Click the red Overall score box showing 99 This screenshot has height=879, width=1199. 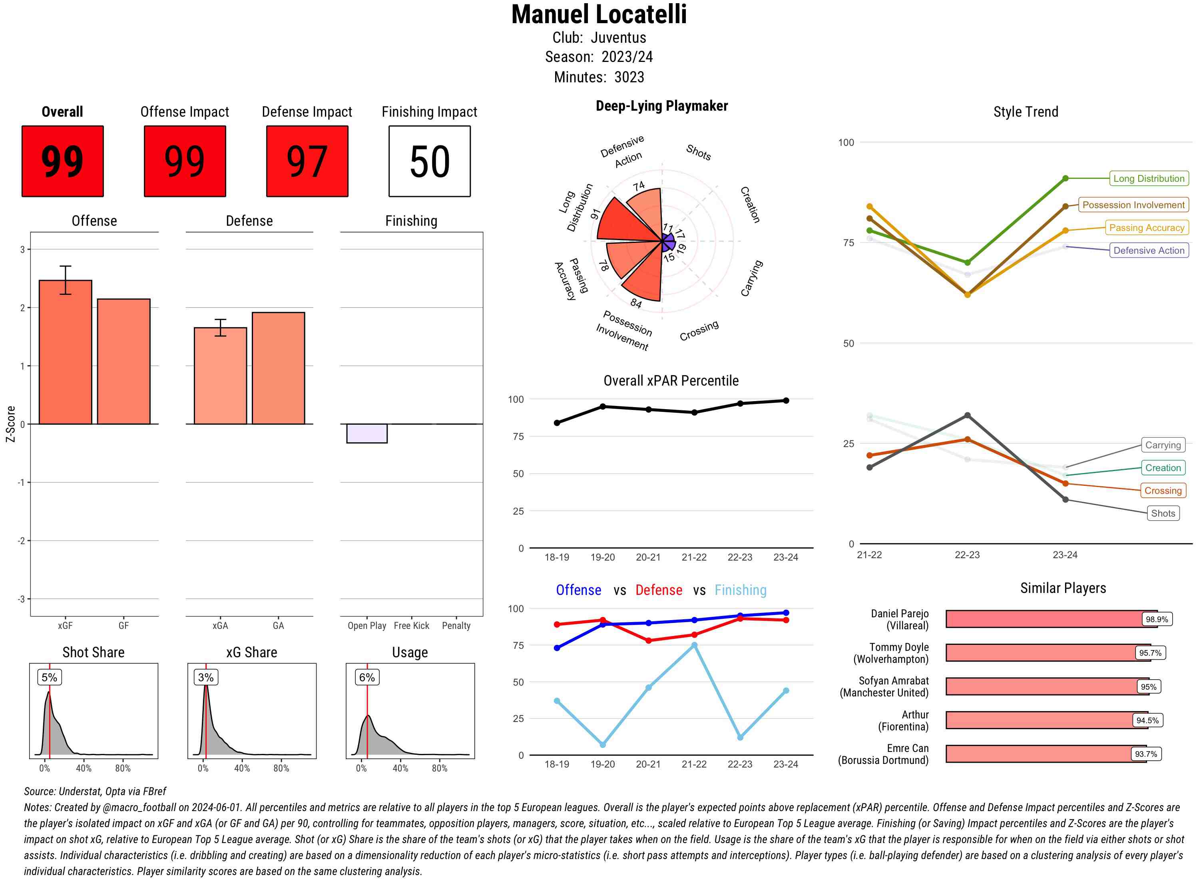point(62,161)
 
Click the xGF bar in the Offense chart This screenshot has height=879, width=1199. point(66,352)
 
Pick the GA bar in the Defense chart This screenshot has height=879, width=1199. point(278,368)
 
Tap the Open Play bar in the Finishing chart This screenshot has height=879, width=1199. point(366,433)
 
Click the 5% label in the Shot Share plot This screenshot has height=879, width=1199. point(49,677)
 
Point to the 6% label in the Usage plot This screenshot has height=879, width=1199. point(366,677)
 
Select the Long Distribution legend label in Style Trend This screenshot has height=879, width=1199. point(1149,179)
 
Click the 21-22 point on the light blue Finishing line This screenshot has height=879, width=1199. point(694,645)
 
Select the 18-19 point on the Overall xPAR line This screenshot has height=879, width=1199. point(557,423)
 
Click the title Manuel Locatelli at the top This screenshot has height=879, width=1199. point(599,15)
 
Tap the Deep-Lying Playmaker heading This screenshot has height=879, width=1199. point(661,106)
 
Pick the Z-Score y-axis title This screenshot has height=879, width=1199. point(11,424)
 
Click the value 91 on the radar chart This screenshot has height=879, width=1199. point(595,214)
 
